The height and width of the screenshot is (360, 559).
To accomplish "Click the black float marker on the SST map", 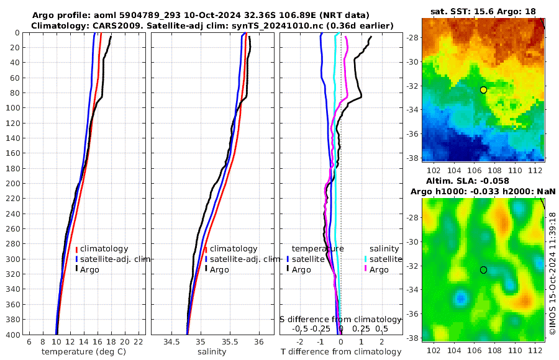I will point(483,90).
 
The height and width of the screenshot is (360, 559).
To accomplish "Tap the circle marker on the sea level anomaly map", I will point(483,269).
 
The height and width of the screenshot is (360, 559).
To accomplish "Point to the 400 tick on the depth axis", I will point(13,335).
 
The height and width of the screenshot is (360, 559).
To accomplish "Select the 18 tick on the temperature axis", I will point(111,342).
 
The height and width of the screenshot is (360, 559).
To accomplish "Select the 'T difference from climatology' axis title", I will point(341,352).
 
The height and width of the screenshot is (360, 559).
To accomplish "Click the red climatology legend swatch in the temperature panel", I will point(76,249).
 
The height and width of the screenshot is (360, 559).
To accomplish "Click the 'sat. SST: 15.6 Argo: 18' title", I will point(483,12).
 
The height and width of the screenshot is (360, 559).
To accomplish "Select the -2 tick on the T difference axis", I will point(300,342).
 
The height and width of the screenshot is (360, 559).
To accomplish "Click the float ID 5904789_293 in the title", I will point(148,15).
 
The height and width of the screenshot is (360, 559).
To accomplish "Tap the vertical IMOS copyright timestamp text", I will point(552,273).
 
